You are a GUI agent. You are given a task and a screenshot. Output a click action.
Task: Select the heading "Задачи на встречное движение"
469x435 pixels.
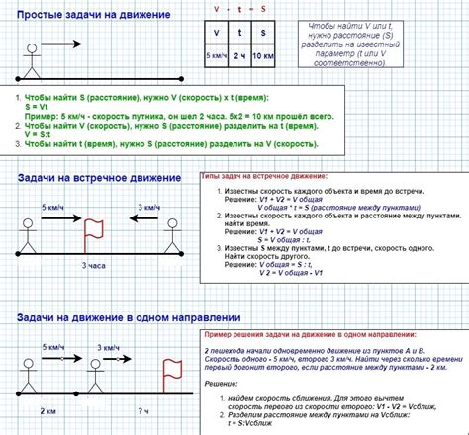click(x=100, y=178)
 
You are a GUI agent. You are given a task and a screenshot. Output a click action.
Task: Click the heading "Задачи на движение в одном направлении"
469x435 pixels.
click(x=128, y=318)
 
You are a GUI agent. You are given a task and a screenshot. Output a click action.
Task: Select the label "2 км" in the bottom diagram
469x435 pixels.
click(x=47, y=409)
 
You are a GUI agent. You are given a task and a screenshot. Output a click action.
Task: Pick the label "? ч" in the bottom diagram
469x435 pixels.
click(x=143, y=409)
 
